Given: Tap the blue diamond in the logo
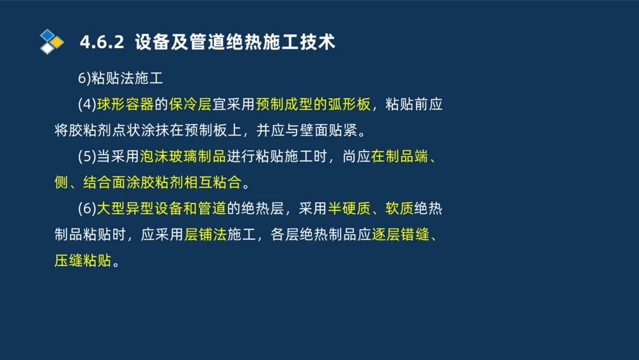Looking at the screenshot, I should point(47,35).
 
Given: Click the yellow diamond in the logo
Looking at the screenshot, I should point(57,42).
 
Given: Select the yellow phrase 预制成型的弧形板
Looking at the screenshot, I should point(313,105).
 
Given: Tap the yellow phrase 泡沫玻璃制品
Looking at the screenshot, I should point(183,157).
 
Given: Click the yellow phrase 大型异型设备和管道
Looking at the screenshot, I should point(162,208).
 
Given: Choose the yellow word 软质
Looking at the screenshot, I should point(399,208).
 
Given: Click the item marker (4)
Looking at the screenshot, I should point(88,105).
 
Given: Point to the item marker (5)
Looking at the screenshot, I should point(88,157).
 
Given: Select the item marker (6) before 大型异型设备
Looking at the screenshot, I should point(88,208).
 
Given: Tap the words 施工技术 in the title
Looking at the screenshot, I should point(299,43).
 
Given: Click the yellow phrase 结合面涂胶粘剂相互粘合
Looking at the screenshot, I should point(162,183).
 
